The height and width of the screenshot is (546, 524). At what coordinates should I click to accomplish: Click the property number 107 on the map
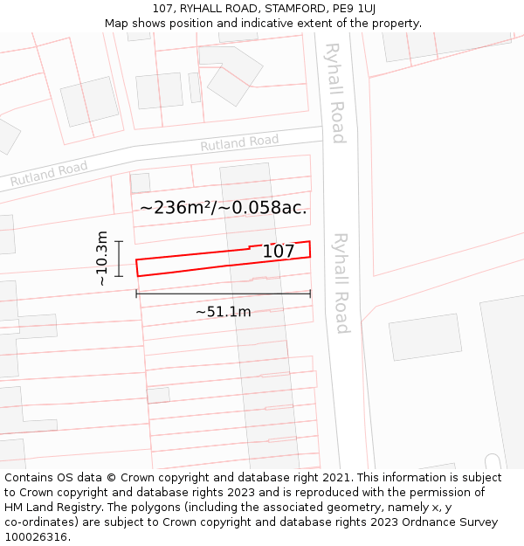(x=279, y=252)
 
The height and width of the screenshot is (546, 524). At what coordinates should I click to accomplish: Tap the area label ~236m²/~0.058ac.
(x=223, y=208)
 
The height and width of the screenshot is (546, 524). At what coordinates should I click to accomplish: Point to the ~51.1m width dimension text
(x=223, y=312)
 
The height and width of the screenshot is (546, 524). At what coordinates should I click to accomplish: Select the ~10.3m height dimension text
(x=102, y=259)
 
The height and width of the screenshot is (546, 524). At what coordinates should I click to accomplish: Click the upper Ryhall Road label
(x=335, y=93)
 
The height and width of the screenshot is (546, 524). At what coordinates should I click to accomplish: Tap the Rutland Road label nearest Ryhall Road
(x=239, y=142)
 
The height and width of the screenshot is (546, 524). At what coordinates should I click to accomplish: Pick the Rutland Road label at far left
(x=49, y=173)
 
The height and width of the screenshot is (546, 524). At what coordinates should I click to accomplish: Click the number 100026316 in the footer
(x=36, y=536)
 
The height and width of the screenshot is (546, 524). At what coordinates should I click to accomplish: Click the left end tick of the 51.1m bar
(x=136, y=294)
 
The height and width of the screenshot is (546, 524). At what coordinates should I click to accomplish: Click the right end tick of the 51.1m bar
(x=310, y=294)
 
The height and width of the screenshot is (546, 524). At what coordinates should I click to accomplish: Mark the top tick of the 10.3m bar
(x=120, y=242)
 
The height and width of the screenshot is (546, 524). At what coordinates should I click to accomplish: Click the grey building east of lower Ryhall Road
(x=425, y=337)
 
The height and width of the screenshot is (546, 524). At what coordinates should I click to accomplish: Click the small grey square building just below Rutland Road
(x=140, y=183)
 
